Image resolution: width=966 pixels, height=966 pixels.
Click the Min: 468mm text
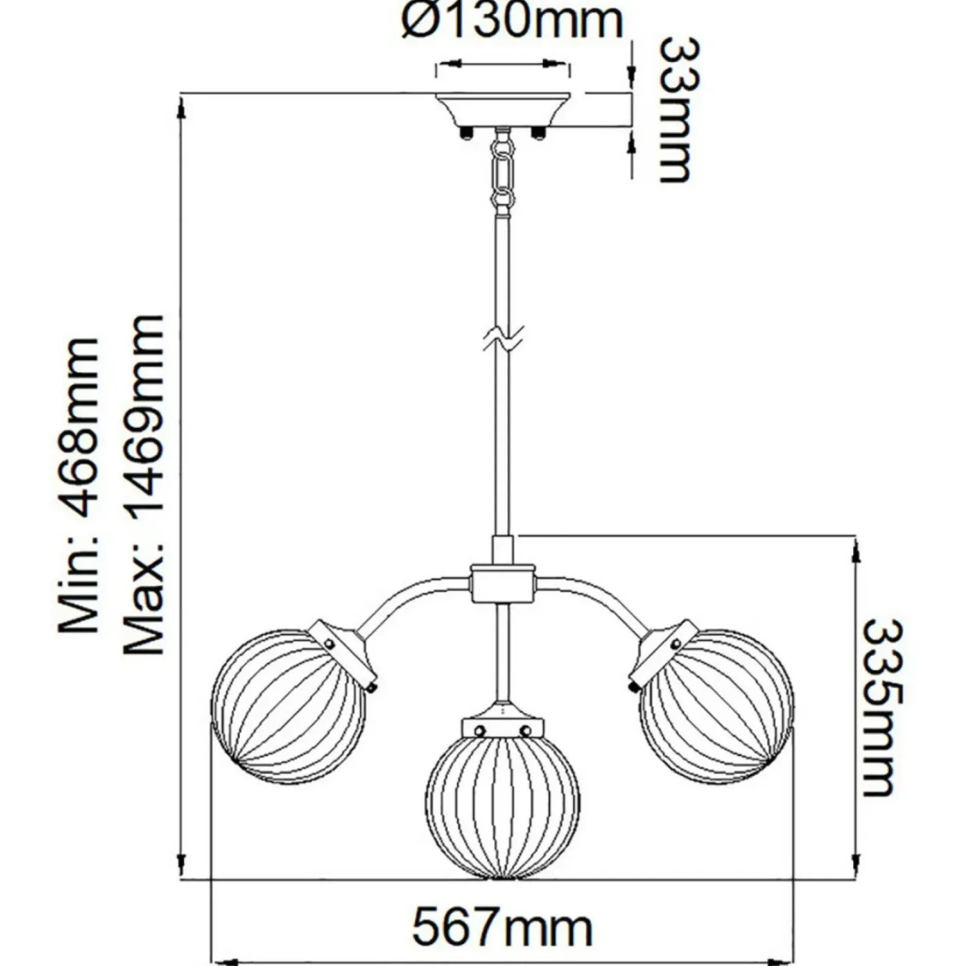pyautogui.click(x=78, y=485)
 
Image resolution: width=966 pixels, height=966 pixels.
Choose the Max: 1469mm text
pyautogui.click(x=144, y=485)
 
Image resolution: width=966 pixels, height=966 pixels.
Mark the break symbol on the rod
pyautogui.click(x=503, y=339)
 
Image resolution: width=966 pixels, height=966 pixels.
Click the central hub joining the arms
pyautogui.click(x=503, y=583)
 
